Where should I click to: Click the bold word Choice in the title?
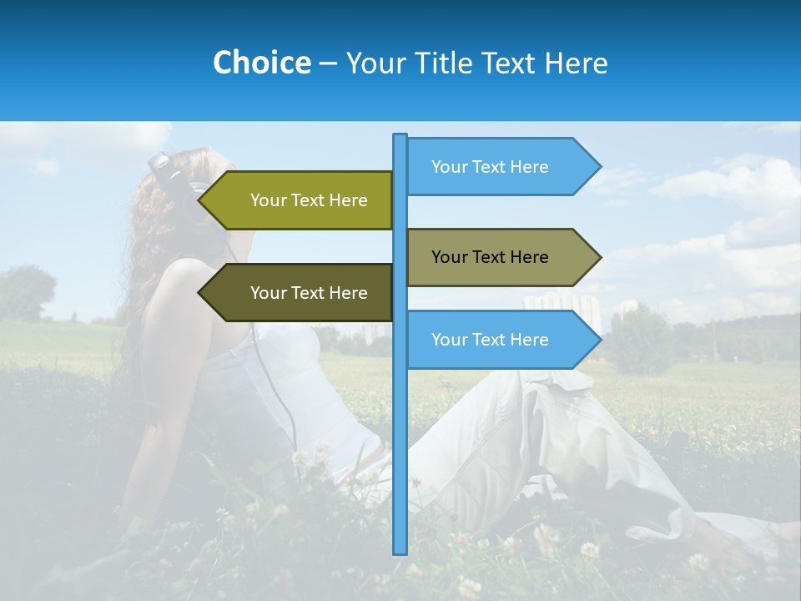coord(261,63)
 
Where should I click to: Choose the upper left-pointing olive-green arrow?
coord(300,200)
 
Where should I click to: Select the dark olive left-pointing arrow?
coord(300,293)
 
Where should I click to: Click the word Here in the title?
coord(575,63)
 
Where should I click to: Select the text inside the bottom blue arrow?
coord(490,340)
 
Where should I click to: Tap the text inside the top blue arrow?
coord(490,167)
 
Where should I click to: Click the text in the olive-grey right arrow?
coord(490,257)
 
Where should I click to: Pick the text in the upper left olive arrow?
coord(309,200)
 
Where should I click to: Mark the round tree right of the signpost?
coord(640,342)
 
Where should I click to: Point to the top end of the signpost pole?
coord(400,136)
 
